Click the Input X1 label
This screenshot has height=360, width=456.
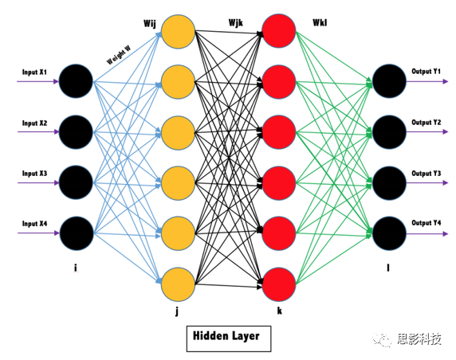pyautogui.click(x=34, y=72)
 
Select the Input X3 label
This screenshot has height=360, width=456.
pyautogui.click(x=34, y=174)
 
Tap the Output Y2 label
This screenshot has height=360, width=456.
pyautogui.click(x=426, y=123)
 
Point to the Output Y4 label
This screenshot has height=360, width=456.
pyautogui.click(x=426, y=223)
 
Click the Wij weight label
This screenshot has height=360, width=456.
pyautogui.click(x=150, y=24)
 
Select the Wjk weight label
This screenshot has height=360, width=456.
pyautogui.click(x=235, y=22)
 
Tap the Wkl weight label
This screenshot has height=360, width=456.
pyautogui.click(x=320, y=22)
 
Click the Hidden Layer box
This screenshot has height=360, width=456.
pyautogui.click(x=229, y=338)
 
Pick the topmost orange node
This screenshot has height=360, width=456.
pyautogui.click(x=178, y=31)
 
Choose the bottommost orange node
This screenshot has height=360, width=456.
pyautogui.click(x=178, y=284)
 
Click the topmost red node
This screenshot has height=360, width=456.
pyautogui.click(x=279, y=31)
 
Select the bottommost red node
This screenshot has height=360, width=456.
pyautogui.click(x=279, y=284)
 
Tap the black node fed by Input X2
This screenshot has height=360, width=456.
pyautogui.click(x=76, y=132)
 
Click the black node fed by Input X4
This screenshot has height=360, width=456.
pyautogui.click(x=77, y=233)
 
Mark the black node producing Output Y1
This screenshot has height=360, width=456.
pyautogui.click(x=389, y=81)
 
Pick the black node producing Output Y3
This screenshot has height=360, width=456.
pyautogui.click(x=389, y=183)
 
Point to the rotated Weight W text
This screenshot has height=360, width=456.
pyautogui.click(x=119, y=55)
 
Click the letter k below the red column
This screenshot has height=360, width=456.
pyautogui.click(x=280, y=311)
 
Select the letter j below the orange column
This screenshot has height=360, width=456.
pyautogui.click(x=177, y=311)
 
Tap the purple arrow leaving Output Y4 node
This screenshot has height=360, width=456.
pyautogui.click(x=427, y=233)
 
